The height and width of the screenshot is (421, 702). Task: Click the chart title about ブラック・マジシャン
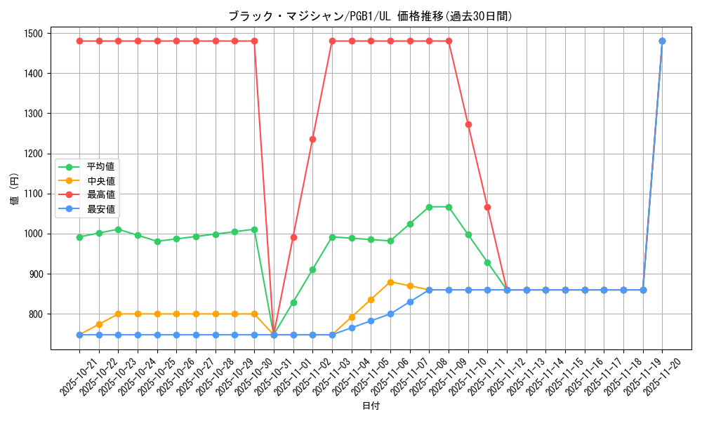[x=370, y=15]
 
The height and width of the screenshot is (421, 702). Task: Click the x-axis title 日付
[x=371, y=406]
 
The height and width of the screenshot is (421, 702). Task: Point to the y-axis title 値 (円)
[x=14, y=190]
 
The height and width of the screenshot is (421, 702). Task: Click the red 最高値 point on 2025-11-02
[x=312, y=139]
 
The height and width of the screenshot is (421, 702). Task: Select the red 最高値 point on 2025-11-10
[x=468, y=124]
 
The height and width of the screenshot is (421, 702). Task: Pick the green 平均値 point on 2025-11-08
[x=429, y=207]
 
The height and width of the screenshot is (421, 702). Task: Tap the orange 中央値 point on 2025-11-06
[x=390, y=282]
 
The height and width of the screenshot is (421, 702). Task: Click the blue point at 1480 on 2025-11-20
[x=662, y=41]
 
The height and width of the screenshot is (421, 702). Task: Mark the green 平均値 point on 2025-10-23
[x=118, y=229]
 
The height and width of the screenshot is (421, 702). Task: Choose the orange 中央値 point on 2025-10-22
[x=99, y=324]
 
